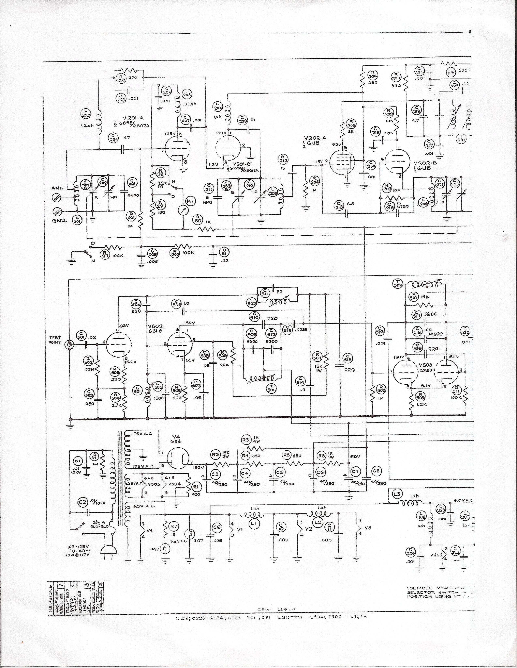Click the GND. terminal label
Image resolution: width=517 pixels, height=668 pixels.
point(60,220)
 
